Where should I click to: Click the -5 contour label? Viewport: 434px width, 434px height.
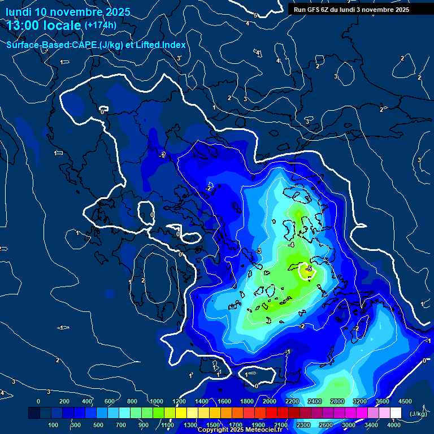[x=309, y=268]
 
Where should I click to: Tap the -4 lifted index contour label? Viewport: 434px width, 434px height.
[x=291, y=245]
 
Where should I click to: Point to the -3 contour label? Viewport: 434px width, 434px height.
[x=258, y=250]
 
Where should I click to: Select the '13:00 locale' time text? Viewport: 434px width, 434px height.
[x=44, y=25]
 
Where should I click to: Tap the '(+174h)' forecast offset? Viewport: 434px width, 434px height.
[x=100, y=25]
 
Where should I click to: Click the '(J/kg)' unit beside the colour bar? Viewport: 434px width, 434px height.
[x=418, y=414]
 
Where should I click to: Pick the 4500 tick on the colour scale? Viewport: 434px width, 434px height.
[x=405, y=401]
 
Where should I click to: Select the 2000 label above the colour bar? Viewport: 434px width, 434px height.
[x=270, y=401]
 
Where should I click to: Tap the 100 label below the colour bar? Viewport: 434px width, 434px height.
[x=53, y=425]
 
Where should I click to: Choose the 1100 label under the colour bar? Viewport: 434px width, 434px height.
[x=167, y=425]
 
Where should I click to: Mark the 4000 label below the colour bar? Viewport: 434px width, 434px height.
[x=394, y=425]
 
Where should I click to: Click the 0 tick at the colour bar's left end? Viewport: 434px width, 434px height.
[x=38, y=401]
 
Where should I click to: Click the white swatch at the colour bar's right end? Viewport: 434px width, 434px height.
[x=400, y=414]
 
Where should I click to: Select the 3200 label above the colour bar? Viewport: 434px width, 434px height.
[x=360, y=401]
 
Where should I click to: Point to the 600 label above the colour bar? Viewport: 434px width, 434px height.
[x=110, y=401]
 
